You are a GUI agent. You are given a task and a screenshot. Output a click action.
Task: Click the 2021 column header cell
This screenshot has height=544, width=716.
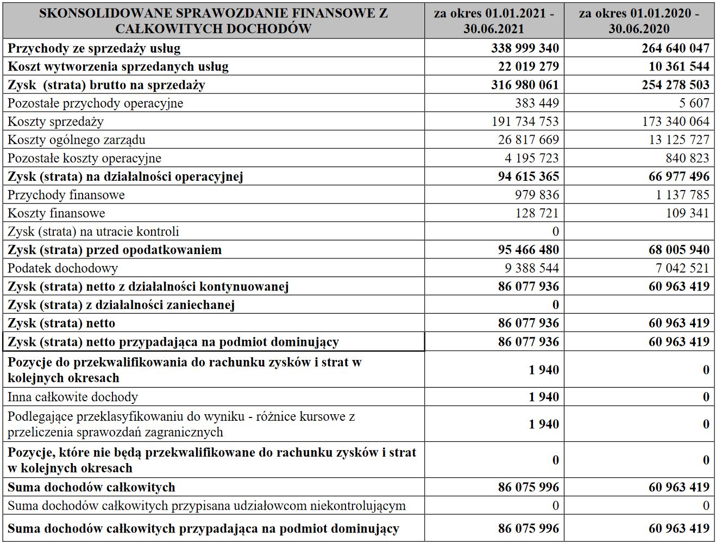pos(494,21)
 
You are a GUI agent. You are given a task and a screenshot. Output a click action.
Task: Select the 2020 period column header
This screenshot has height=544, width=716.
pos(639,21)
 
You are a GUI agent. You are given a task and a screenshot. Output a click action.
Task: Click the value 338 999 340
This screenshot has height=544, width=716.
pos(525,48)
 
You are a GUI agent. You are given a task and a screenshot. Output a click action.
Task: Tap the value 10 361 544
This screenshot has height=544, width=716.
pos(675,67)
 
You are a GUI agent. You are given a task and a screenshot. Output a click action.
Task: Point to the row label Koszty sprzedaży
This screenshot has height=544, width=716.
pos(55,122)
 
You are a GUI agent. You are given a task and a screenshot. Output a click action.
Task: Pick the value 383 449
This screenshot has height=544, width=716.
pos(537,103)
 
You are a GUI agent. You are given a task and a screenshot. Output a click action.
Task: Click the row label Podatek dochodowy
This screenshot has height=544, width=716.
pos(62,268)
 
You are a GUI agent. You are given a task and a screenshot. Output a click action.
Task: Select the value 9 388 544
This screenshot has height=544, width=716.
pos(528,268)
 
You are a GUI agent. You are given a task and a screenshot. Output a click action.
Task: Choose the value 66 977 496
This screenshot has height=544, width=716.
pos(679,176)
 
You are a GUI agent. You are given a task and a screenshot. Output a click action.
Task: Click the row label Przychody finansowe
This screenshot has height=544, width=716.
pos(66,195)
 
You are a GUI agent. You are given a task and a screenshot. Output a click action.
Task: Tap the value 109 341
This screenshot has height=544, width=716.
pos(687,213)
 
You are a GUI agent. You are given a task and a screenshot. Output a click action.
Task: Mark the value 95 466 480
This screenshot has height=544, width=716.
pos(528,250)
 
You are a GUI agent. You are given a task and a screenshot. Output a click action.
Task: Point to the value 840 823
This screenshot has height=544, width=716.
pos(687,158)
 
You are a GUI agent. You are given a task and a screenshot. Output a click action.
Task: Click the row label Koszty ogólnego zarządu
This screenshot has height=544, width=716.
pos(76,140)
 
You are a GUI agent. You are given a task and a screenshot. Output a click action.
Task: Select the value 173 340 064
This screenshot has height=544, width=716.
pos(675,122)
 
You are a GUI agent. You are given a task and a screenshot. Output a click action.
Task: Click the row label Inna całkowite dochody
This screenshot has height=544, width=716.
pos(72,397)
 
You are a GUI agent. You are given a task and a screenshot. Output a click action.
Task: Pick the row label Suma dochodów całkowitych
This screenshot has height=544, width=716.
pos(91,487)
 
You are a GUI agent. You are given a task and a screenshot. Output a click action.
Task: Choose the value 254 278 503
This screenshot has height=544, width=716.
pos(675,85)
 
